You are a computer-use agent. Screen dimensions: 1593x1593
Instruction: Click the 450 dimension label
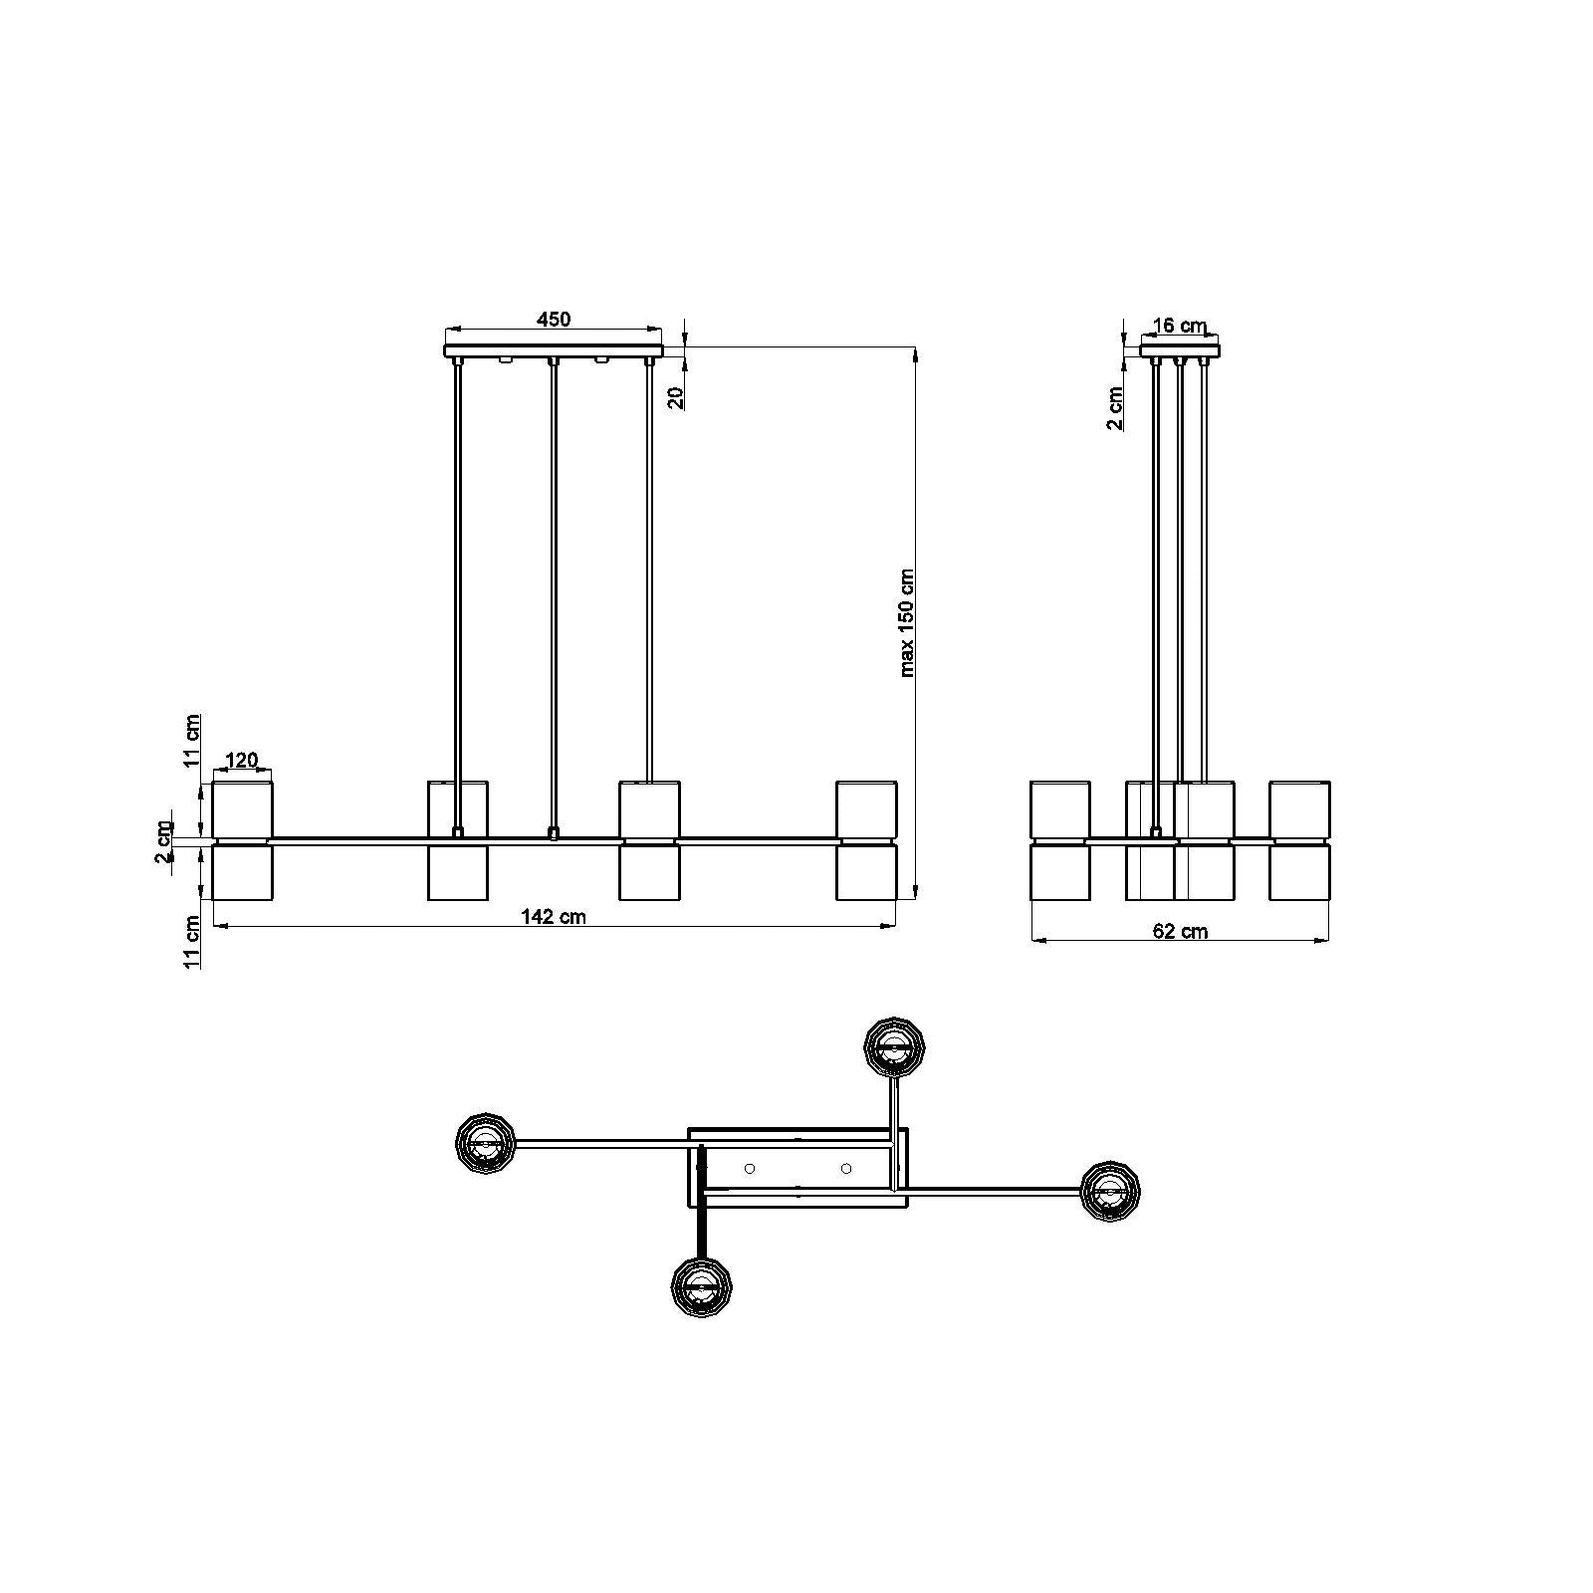554,319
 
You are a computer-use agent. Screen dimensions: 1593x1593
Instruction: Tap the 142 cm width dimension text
555,917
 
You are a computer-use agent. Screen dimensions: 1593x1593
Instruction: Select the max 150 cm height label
907,623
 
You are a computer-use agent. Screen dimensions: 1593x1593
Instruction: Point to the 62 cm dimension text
1181,931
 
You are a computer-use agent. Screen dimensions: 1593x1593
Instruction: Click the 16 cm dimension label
1181,326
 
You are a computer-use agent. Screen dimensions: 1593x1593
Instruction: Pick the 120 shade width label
242,761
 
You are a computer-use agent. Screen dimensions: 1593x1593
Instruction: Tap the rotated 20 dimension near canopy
675,398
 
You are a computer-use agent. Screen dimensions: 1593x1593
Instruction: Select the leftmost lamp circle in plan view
486,1144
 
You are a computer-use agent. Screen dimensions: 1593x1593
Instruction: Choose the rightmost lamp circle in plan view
1110,1189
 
